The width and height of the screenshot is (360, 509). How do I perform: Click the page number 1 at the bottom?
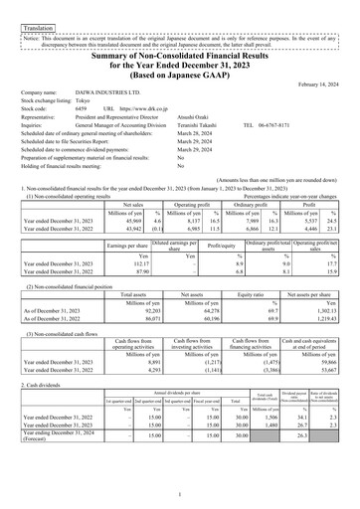(180, 493)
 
